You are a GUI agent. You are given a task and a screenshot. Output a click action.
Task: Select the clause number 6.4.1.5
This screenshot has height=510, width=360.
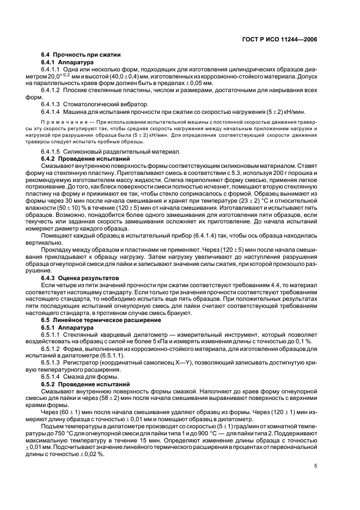(52, 151)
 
